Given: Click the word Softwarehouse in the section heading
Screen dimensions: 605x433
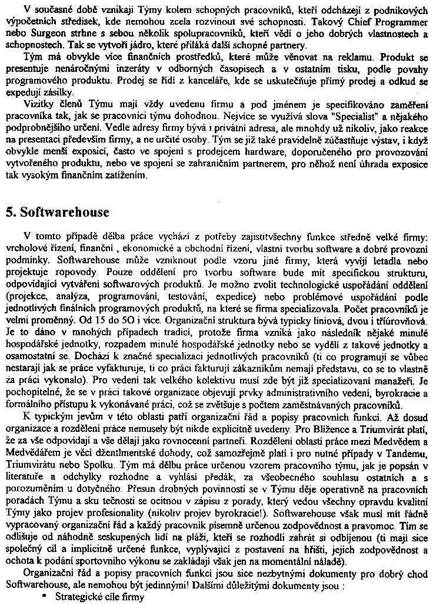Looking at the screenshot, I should point(64,211).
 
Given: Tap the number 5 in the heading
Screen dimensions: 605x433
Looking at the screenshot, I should point(9,211).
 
